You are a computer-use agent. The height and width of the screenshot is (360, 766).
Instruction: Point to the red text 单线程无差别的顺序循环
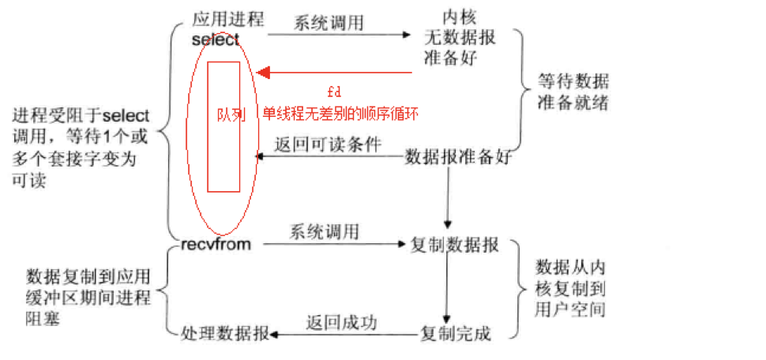tap(341, 114)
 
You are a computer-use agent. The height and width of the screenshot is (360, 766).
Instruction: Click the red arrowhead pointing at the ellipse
tap(263, 73)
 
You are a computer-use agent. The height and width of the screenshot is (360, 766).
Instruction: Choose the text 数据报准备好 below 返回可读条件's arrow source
tap(458, 156)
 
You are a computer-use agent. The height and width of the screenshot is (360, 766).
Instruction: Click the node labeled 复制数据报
tap(454, 246)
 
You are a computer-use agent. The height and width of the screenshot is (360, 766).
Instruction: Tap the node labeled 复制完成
tap(456, 333)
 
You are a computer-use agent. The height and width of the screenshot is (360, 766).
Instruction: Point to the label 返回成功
tap(341, 322)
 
